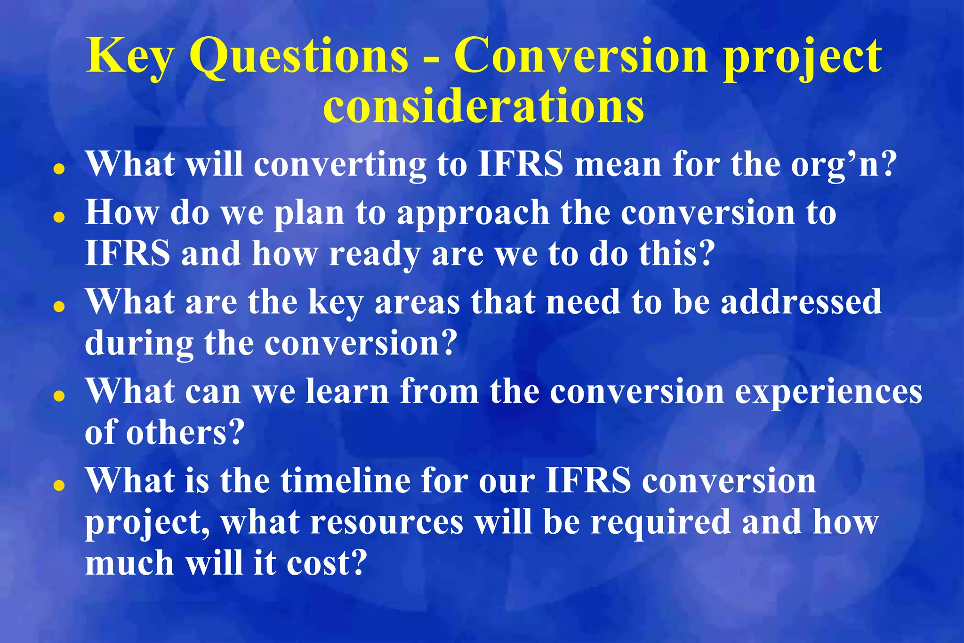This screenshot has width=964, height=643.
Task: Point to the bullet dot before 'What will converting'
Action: pyautogui.click(x=59, y=169)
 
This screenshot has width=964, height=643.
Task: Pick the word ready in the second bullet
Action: pyautogui.click(x=374, y=255)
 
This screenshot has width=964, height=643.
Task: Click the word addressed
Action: pyautogui.click(x=801, y=302)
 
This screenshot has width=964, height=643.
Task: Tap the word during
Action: pyautogui.click(x=139, y=344)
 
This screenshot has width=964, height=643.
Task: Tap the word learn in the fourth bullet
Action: pyautogui.click(x=347, y=392)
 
